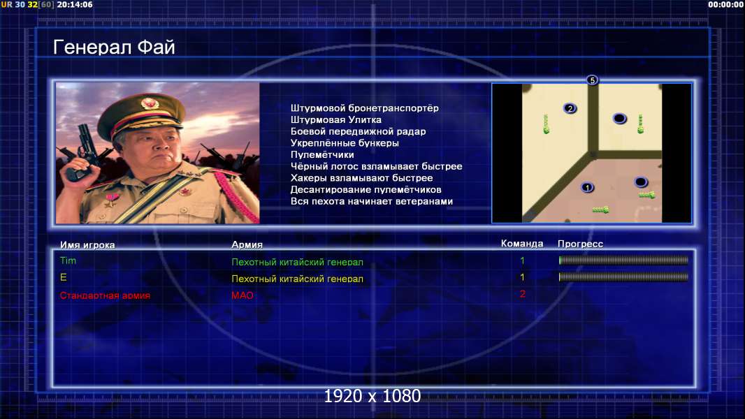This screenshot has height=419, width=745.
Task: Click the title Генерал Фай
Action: [x=114, y=47]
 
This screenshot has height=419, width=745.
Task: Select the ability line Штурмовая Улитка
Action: [x=336, y=119]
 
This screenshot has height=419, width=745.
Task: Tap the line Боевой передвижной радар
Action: [x=359, y=131]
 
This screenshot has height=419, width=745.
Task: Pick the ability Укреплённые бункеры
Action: [x=345, y=143]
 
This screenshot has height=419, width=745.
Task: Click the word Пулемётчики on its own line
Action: [x=322, y=155]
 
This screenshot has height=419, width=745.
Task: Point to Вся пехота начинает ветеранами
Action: [x=372, y=201]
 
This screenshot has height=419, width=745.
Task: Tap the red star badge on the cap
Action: [x=149, y=103]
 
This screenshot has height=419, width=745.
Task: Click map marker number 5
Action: [x=592, y=80]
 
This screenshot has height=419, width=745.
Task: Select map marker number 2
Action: [x=570, y=109]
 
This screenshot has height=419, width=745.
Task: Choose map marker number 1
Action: [x=587, y=187]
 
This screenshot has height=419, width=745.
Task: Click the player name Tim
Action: [x=68, y=260]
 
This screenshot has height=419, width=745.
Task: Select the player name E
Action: [x=63, y=277]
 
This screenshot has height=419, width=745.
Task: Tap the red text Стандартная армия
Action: [x=105, y=295]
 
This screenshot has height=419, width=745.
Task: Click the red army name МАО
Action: [x=243, y=295]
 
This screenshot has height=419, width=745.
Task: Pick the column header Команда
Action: [x=522, y=244]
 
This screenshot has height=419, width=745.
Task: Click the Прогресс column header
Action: [x=580, y=244]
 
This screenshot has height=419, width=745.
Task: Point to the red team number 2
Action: [x=523, y=294]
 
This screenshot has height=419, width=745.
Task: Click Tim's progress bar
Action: [x=623, y=260]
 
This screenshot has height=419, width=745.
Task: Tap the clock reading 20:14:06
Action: [x=75, y=5]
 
